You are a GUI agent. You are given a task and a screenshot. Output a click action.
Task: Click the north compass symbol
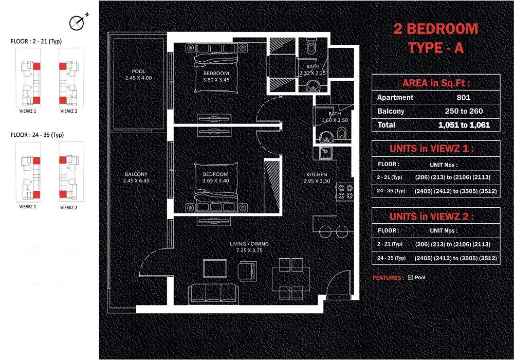(78, 22)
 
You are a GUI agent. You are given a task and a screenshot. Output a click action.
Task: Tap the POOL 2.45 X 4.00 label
(138, 75)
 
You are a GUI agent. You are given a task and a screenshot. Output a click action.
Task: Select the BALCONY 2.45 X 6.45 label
(136, 177)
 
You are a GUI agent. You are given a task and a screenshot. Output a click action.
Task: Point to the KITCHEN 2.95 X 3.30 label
(316, 178)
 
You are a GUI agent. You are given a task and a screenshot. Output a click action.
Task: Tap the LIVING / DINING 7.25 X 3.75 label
(250, 247)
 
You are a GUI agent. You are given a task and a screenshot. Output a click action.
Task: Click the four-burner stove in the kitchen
(344, 192)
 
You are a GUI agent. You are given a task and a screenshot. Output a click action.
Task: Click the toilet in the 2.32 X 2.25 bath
(311, 49)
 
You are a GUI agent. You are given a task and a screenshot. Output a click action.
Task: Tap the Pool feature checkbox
(410, 278)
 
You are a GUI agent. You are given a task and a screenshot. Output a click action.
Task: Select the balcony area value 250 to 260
(464, 111)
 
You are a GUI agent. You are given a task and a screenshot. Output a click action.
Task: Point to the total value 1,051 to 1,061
(464, 125)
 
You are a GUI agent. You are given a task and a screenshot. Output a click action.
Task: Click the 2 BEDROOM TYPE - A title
(436, 38)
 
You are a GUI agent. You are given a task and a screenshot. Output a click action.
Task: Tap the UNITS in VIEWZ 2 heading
(436, 217)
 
